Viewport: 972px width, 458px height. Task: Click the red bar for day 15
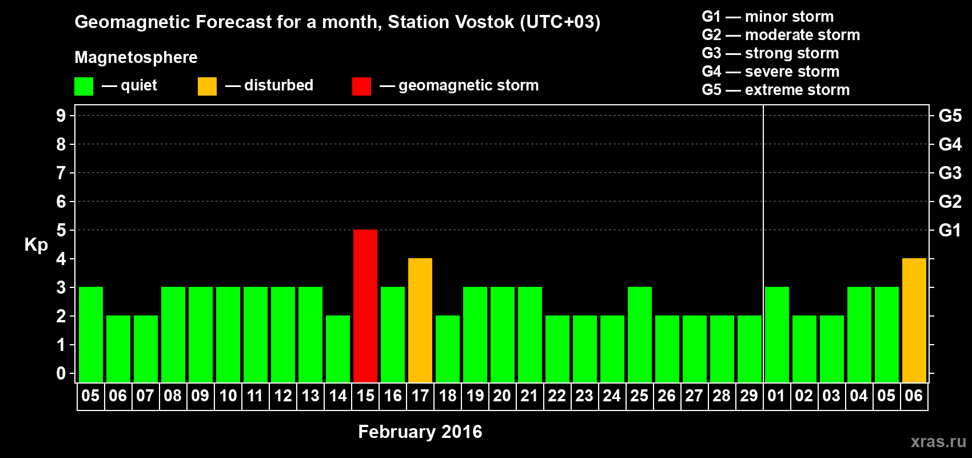[365, 306]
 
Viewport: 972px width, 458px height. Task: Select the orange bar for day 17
[420, 320]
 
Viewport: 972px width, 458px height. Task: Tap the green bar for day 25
[640, 334]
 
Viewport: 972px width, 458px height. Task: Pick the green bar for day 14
[338, 349]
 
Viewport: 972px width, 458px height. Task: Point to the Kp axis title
[36, 244]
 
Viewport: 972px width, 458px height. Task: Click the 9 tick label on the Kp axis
[61, 116]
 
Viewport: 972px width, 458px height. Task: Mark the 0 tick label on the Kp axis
[61, 373]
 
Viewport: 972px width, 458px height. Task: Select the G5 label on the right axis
[950, 116]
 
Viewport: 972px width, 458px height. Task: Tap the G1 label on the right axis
[950, 230]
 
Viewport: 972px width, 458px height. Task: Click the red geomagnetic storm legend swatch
[362, 86]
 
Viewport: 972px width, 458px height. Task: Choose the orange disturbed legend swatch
[207, 86]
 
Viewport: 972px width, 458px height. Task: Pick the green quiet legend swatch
[83, 86]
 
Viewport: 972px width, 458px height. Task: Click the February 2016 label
[420, 432]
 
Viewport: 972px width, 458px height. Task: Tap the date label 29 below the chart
[749, 396]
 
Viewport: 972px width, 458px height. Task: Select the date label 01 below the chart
[776, 396]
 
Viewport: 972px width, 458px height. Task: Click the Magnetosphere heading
[136, 57]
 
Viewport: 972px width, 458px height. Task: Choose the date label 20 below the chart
[502, 396]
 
